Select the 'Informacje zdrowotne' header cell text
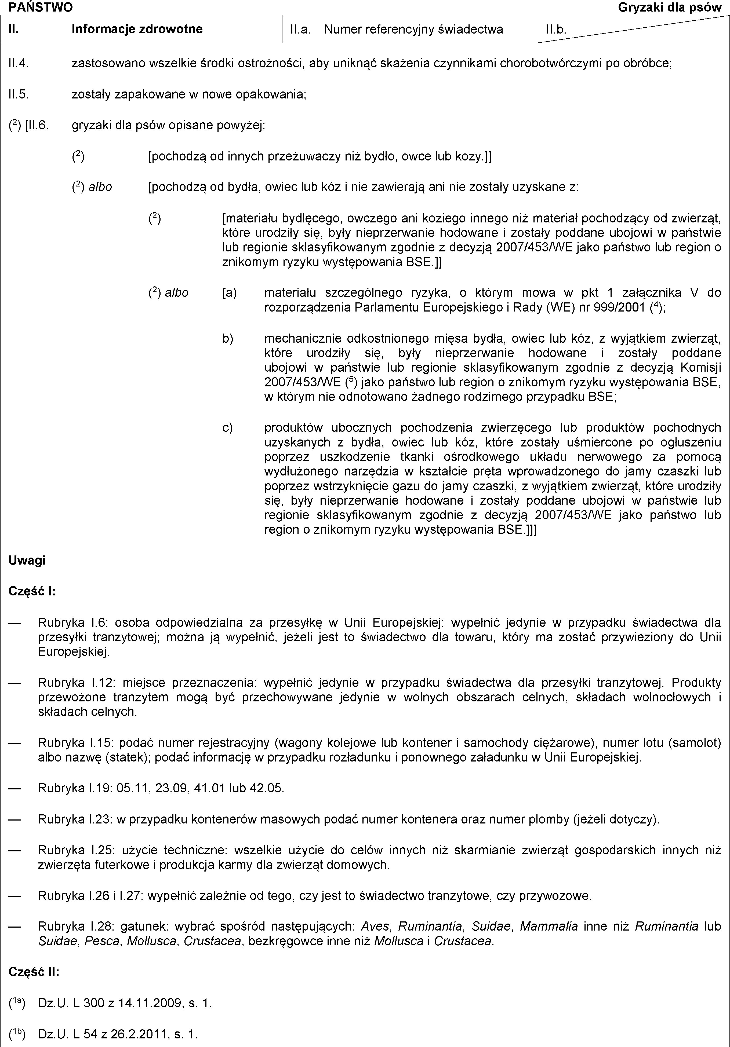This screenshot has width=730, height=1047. tap(137, 29)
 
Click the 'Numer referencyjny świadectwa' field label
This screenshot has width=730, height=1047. tap(413, 30)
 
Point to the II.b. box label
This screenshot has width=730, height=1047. tap(556, 30)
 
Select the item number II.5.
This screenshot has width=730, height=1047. tap(19, 94)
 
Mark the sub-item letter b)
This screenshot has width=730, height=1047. tap(227, 338)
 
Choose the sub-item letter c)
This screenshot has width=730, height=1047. tap(227, 427)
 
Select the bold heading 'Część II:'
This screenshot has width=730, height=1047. tap(34, 972)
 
